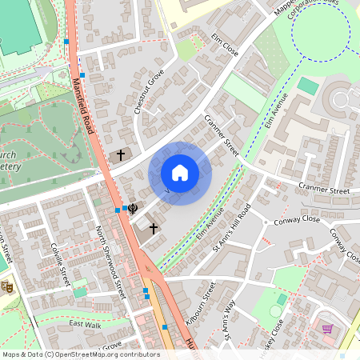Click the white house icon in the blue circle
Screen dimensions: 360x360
[x=180, y=173]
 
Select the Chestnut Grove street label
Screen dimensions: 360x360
[x=150, y=92]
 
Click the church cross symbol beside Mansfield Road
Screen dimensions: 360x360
[x=122, y=154]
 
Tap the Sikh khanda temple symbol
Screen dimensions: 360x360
[x=133, y=208]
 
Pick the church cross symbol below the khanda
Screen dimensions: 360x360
[x=153, y=228]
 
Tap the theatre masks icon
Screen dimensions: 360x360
[x=7, y=286]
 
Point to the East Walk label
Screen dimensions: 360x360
[x=86, y=324]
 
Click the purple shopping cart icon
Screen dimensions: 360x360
[x=327, y=327]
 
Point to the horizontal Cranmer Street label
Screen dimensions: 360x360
[x=324, y=191]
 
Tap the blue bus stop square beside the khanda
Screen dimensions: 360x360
[x=118, y=210]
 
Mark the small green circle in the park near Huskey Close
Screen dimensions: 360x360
[x=276, y=310]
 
